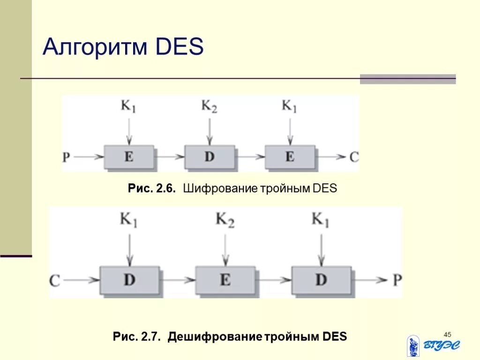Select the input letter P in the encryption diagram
tap(66, 157)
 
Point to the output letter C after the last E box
tap(354, 157)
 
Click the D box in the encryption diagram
tap(209, 157)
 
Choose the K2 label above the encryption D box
tap(209, 106)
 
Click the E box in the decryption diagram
tap(225, 280)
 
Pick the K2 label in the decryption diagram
tap(225, 219)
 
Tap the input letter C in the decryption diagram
tap(55, 281)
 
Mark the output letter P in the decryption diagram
tap(397, 280)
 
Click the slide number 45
tap(447, 334)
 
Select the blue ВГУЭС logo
tap(434, 345)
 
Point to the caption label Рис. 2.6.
tap(152, 189)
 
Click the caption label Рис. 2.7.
tap(137, 337)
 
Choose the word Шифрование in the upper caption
tap(220, 189)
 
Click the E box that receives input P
tap(129, 157)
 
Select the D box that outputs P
tap(321, 280)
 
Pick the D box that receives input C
tap(129, 280)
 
